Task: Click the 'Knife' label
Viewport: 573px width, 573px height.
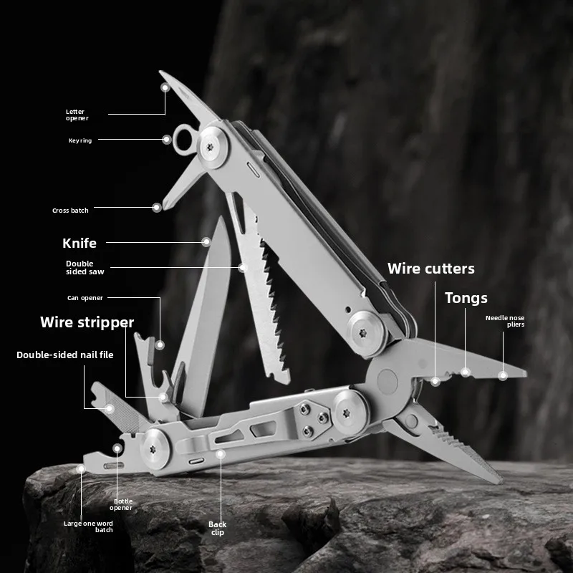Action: click(x=79, y=243)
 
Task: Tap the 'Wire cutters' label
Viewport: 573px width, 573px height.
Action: click(x=430, y=269)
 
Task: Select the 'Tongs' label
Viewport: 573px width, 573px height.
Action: click(x=466, y=297)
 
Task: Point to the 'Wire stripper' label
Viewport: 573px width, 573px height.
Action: click(x=87, y=322)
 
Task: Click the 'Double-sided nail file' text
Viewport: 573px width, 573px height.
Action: click(x=65, y=354)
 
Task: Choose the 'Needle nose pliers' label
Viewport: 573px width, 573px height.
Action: click(x=505, y=321)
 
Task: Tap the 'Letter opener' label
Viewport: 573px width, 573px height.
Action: click(x=77, y=115)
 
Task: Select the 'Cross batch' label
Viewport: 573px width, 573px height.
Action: click(x=70, y=211)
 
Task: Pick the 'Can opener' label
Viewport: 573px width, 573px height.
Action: click(x=86, y=297)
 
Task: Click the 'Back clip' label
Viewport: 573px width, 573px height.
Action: click(x=218, y=528)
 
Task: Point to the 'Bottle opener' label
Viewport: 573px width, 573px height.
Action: click(x=122, y=505)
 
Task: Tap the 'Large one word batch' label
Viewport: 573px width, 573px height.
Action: click(x=88, y=526)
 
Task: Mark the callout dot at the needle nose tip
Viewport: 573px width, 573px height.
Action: click(x=503, y=375)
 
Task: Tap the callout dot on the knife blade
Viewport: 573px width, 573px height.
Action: click(x=206, y=242)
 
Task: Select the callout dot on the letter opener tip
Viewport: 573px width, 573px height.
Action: click(x=165, y=87)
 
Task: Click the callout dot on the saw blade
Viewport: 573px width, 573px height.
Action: click(x=243, y=266)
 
